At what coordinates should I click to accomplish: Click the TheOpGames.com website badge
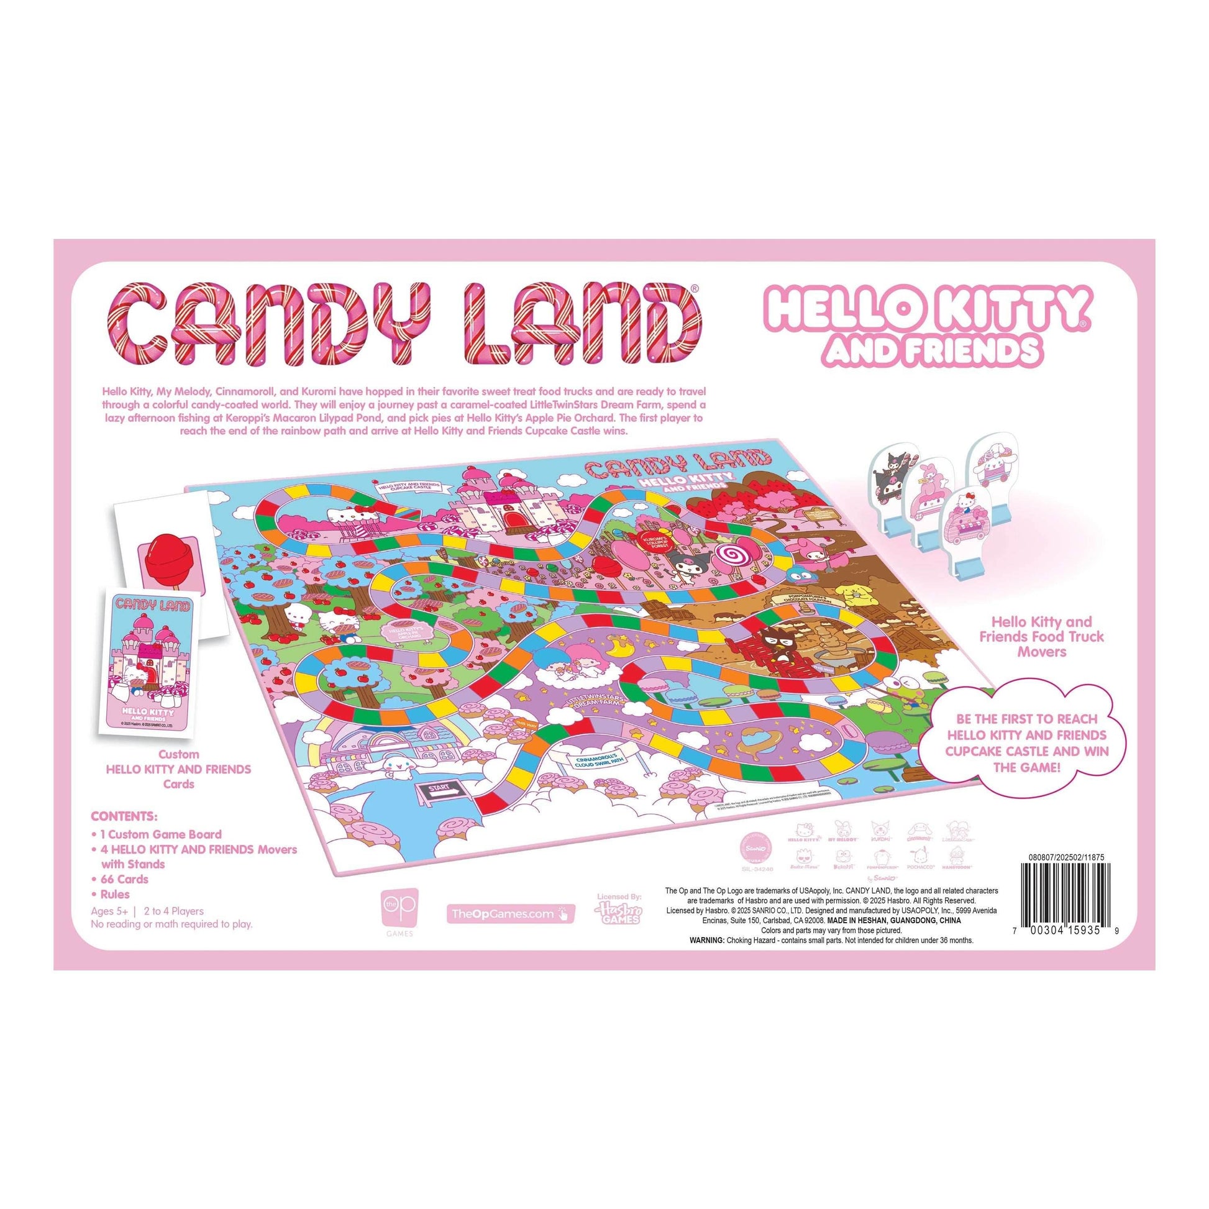click(510, 914)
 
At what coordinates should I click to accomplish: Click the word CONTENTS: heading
click(124, 817)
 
